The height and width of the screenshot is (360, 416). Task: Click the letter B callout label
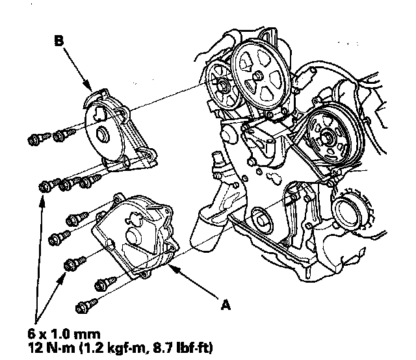[x=60, y=41]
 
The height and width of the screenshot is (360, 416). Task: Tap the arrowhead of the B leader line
[x=89, y=86]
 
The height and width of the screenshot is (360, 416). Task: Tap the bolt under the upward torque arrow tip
[x=45, y=186]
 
